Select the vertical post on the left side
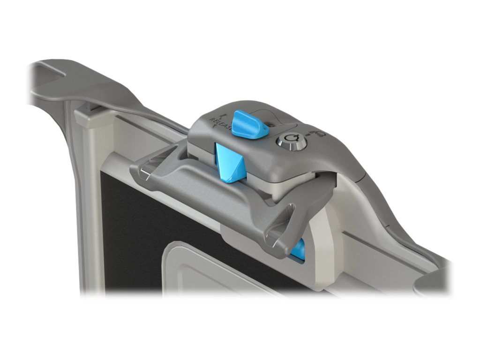point(84,211)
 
